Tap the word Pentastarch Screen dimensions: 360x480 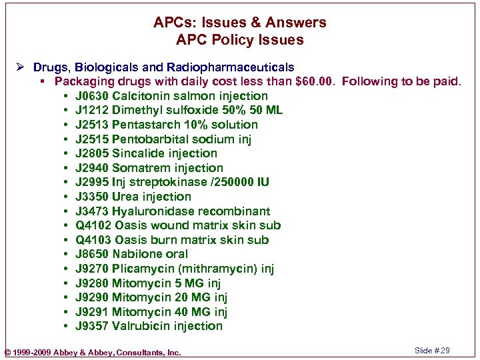145,125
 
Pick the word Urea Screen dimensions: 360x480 126,197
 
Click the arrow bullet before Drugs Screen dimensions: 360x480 23,67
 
